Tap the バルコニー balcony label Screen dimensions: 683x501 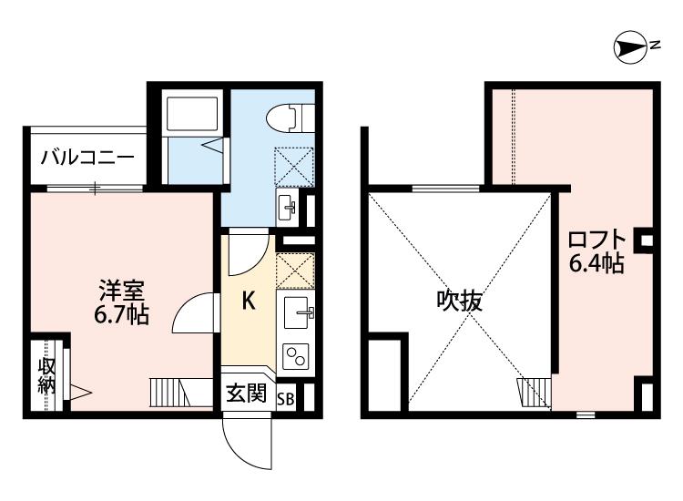(87, 158)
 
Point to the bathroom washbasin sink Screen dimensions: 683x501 (288, 208)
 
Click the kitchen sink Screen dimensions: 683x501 (299, 312)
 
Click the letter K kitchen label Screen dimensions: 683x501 (249, 301)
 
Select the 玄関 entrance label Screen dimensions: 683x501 (246, 394)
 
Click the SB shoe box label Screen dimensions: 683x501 (286, 399)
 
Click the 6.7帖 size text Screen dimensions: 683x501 (121, 314)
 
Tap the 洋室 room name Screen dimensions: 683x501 (121, 291)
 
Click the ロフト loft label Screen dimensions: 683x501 (597, 240)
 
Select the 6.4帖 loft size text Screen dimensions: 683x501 (596, 262)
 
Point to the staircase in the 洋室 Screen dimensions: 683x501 (181, 392)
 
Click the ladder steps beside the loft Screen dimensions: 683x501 (535, 392)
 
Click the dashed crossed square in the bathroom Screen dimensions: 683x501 (294, 168)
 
